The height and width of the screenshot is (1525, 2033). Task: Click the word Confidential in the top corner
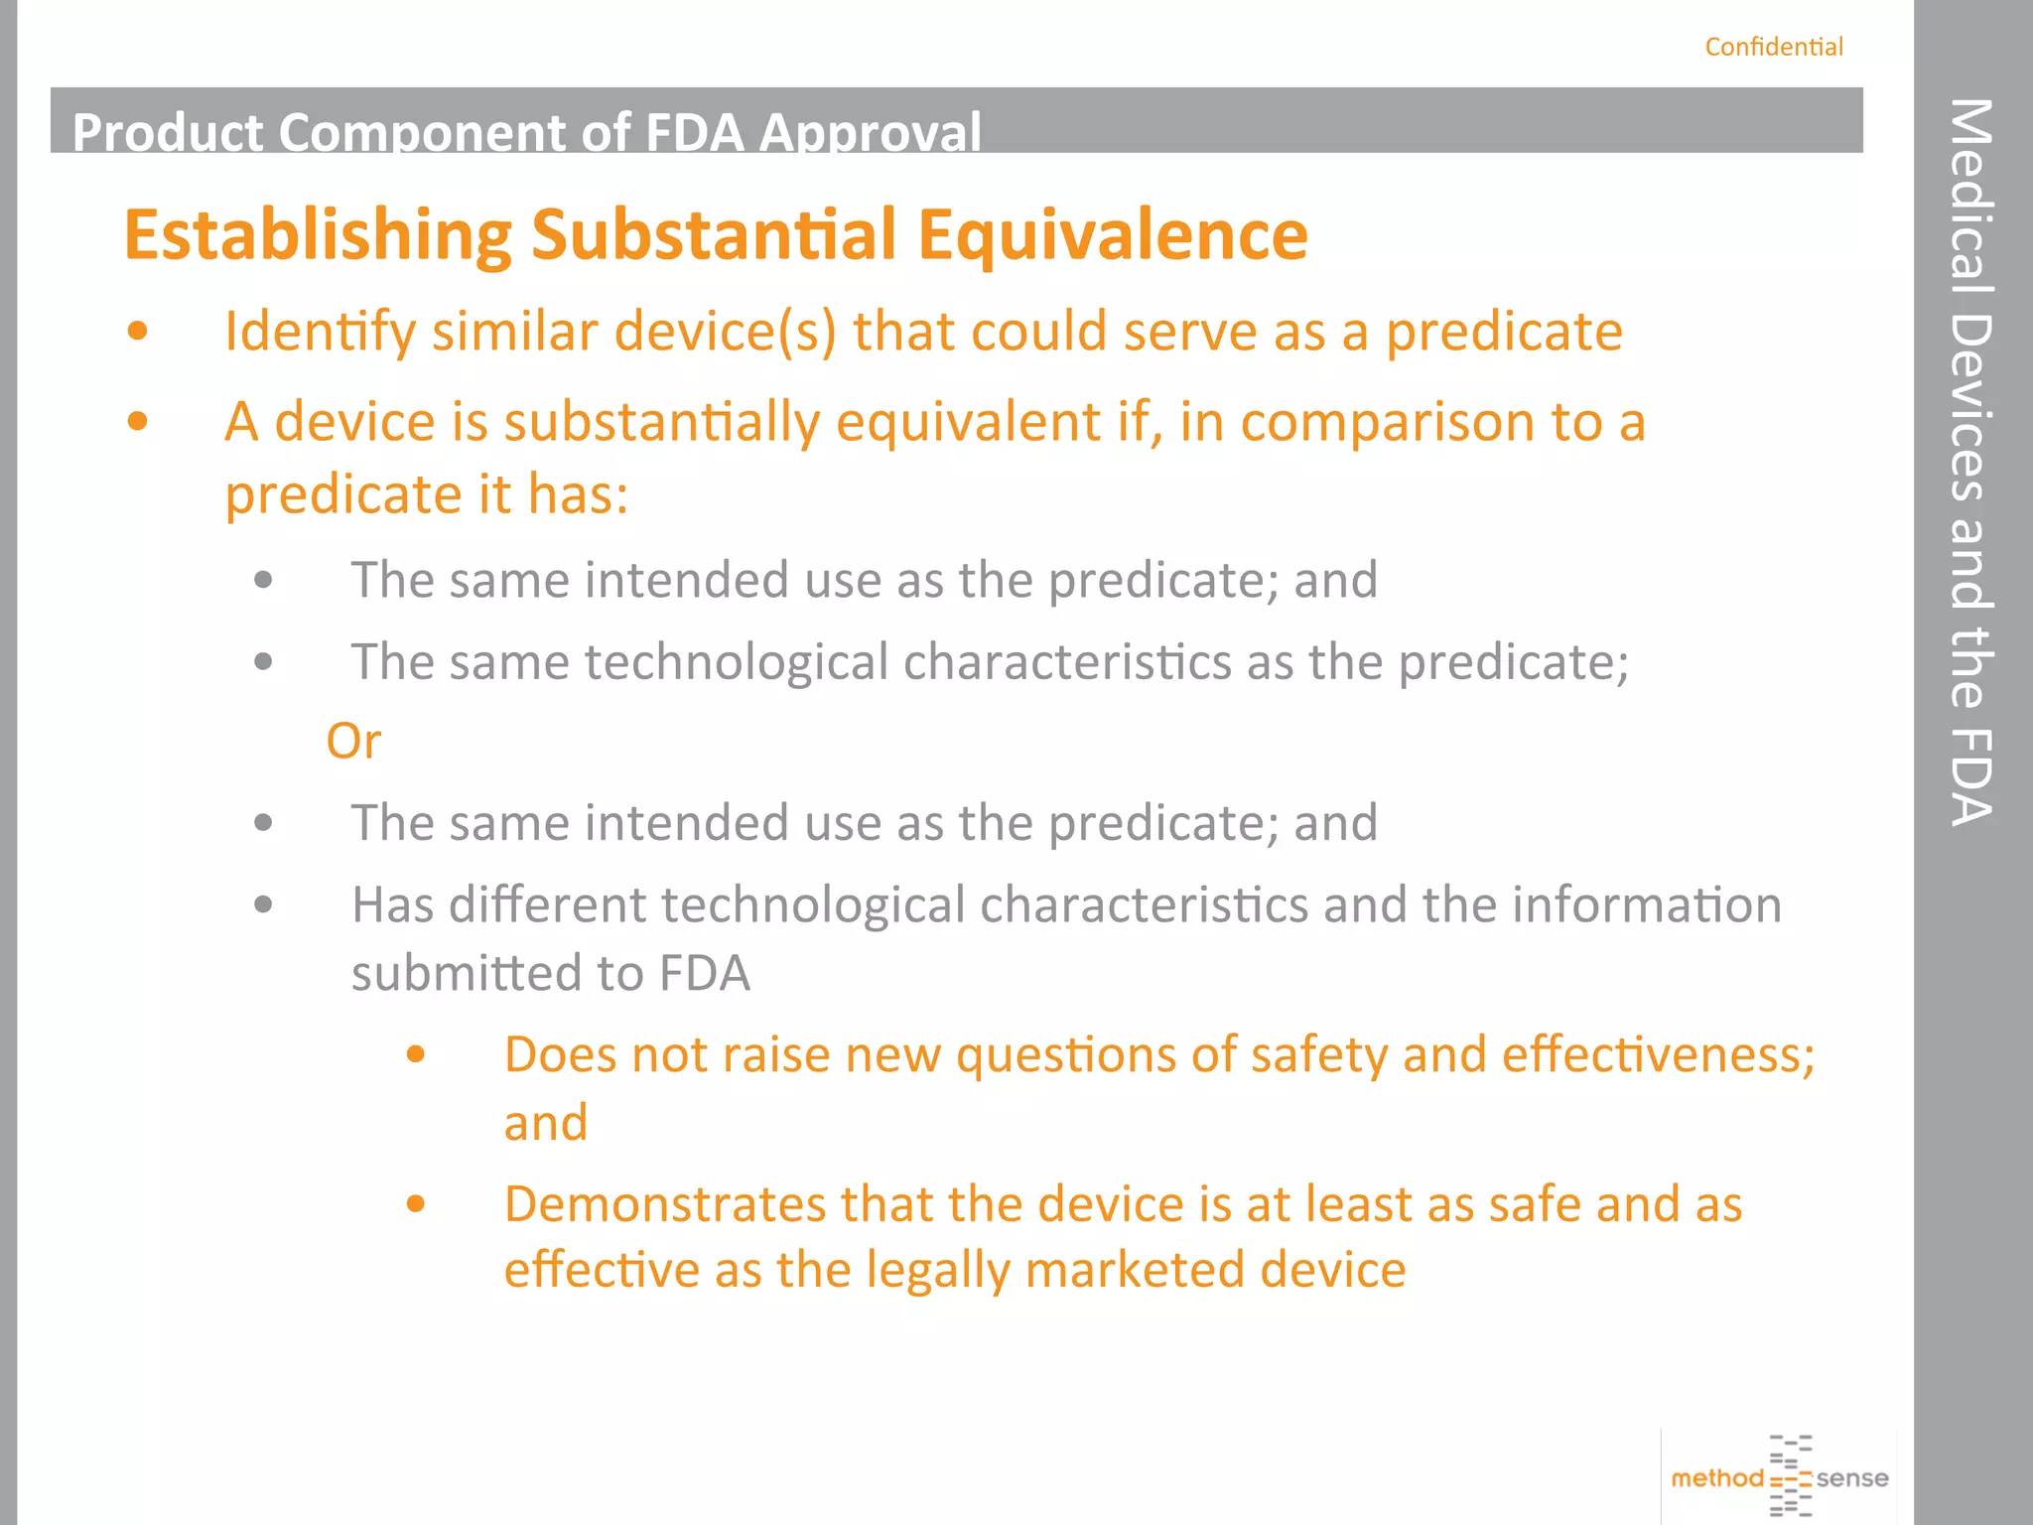click(1773, 47)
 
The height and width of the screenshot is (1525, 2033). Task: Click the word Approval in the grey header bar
click(871, 132)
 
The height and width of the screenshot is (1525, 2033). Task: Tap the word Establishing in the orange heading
click(318, 235)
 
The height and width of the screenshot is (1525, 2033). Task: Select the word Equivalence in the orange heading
click(1112, 235)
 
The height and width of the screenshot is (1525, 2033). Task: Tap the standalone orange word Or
click(353, 741)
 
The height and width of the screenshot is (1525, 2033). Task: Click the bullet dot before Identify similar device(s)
click(138, 331)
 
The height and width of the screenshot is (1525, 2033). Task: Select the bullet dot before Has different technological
click(263, 904)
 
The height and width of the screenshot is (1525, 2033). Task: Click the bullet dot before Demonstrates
click(416, 1204)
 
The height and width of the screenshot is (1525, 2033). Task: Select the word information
click(1646, 904)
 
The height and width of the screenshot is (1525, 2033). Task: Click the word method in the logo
click(1716, 1478)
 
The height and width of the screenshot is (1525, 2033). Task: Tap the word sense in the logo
click(1852, 1478)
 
